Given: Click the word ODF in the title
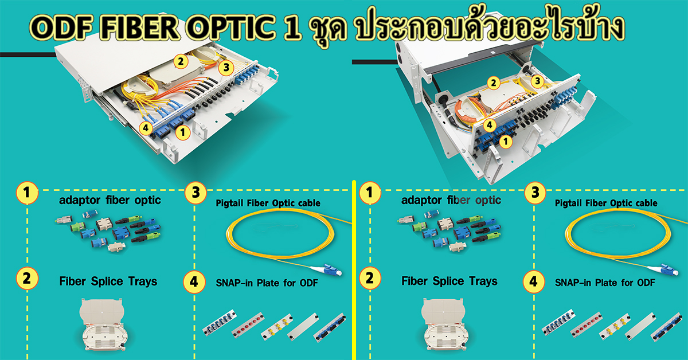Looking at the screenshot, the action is [x=61, y=28].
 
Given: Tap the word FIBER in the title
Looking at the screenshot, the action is [x=140, y=28].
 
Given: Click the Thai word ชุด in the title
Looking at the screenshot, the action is [x=328, y=29].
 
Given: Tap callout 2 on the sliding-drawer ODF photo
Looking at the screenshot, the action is [x=181, y=61].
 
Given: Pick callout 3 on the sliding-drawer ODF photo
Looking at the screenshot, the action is [x=226, y=67].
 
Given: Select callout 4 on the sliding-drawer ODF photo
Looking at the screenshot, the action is [x=146, y=128].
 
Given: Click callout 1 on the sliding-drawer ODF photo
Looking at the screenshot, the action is [x=183, y=132].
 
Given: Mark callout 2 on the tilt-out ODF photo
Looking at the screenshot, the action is [x=493, y=83].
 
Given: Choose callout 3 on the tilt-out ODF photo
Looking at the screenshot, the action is [x=538, y=81].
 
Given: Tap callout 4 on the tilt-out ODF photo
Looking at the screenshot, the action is [x=490, y=125].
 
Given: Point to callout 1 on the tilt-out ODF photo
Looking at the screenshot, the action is [x=506, y=142].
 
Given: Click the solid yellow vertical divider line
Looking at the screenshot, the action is [x=354, y=270].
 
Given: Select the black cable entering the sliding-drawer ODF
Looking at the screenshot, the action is [x=28, y=55].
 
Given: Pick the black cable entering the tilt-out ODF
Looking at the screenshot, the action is [x=375, y=62].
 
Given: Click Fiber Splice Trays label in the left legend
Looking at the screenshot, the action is [x=108, y=281].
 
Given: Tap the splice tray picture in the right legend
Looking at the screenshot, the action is [x=445, y=324].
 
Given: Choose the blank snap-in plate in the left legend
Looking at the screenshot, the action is [x=303, y=327].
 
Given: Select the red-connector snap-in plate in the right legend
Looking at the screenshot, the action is [x=587, y=324].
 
